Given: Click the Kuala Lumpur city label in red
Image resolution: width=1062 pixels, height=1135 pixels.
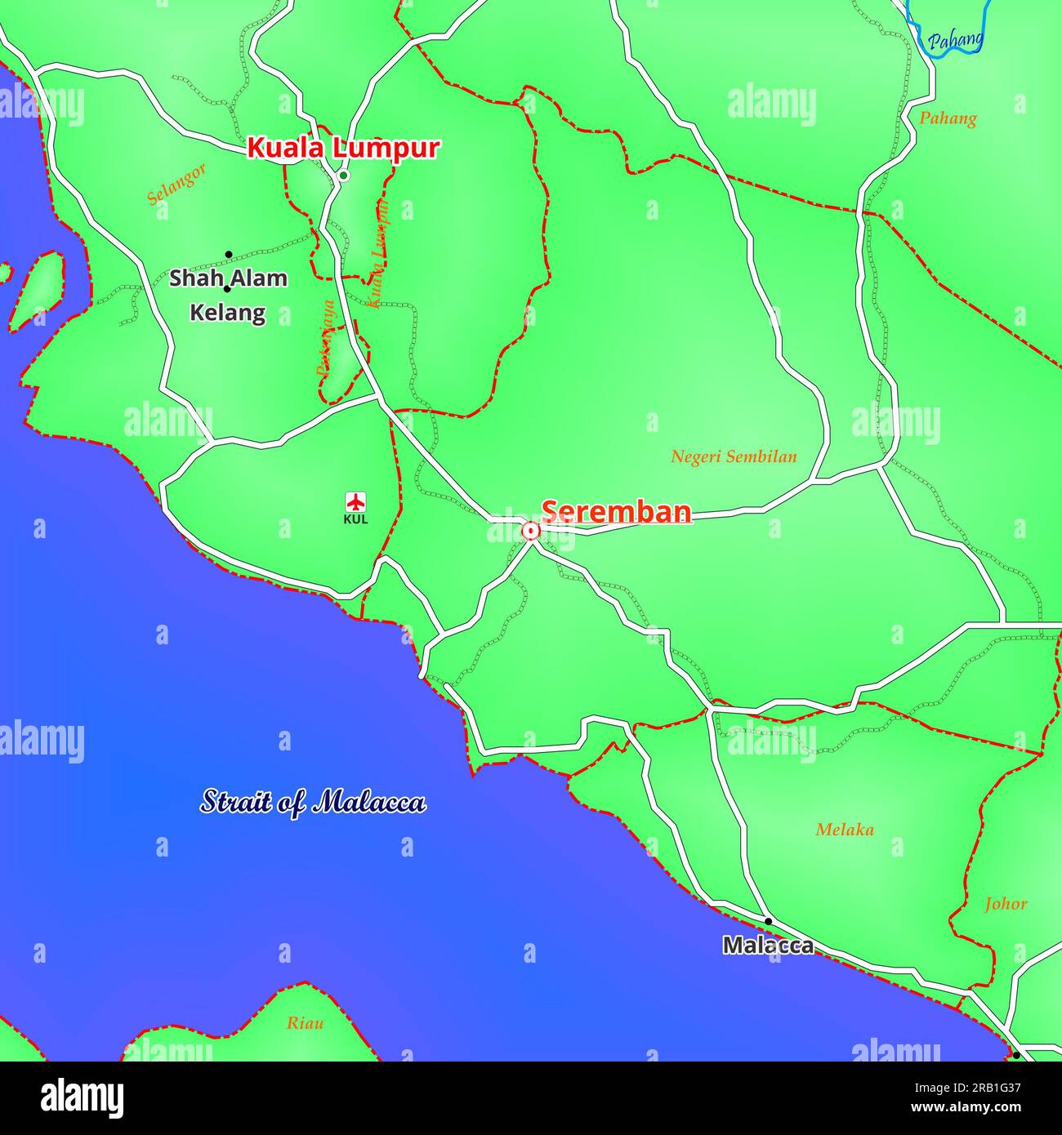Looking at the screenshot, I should [343, 149].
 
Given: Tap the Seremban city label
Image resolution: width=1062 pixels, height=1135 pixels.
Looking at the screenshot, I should [617, 512].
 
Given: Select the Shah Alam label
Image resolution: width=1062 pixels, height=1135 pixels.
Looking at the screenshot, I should [229, 278].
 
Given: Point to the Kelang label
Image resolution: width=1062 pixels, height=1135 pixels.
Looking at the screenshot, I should [228, 313].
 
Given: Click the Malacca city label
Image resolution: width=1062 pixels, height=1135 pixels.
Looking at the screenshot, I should [768, 946].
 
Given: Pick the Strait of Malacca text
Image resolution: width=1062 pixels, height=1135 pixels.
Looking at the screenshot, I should [314, 802].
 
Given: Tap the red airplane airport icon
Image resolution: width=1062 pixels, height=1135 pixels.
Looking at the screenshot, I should [355, 501].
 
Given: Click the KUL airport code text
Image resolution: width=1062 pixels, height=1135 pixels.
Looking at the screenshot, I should [355, 519].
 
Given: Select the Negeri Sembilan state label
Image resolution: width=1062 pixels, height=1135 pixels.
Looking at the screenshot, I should [734, 457].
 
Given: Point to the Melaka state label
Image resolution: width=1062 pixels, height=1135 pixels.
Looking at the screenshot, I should [845, 830].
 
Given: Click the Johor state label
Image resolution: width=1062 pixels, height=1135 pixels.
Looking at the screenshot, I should [1006, 904].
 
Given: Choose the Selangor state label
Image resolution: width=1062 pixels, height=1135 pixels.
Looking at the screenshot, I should [176, 185].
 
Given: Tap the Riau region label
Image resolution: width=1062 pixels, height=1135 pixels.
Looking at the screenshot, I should [305, 1023].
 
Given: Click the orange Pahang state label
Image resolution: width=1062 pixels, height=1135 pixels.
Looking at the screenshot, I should [948, 118].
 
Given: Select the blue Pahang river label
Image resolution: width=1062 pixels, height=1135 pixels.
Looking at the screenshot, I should [955, 40].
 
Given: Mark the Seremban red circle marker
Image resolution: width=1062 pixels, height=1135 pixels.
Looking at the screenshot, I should [531, 532].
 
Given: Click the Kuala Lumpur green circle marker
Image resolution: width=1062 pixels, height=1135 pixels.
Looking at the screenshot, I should [344, 176].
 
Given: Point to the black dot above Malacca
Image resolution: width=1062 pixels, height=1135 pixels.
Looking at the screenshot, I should [768, 921].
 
